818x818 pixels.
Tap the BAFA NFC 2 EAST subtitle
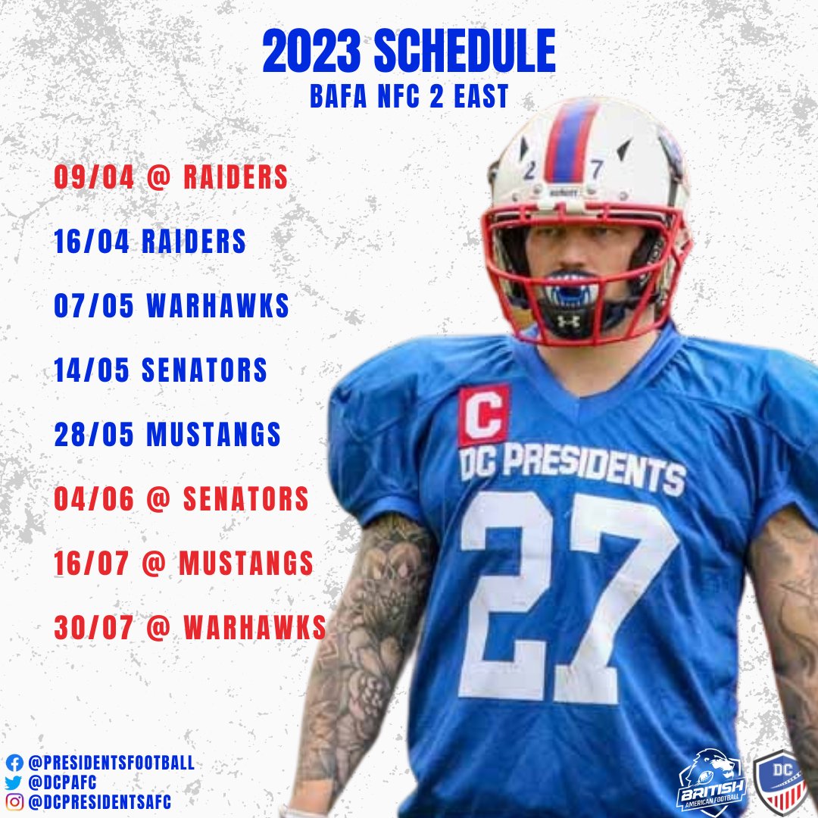coord(409,97)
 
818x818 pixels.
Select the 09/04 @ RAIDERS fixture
coord(170,177)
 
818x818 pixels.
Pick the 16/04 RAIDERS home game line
coord(150,242)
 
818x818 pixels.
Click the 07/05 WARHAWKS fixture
coord(171,306)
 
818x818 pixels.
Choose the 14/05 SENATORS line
coord(161,370)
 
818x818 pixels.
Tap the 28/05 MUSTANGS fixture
coord(167,435)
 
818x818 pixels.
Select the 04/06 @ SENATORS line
coord(181,499)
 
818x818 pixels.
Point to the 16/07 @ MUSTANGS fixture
coord(183,564)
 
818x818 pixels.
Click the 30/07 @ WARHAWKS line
coord(190,628)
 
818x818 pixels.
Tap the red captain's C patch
coord(484,414)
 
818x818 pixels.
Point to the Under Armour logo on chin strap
coord(569,321)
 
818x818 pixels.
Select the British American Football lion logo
coord(712,780)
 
